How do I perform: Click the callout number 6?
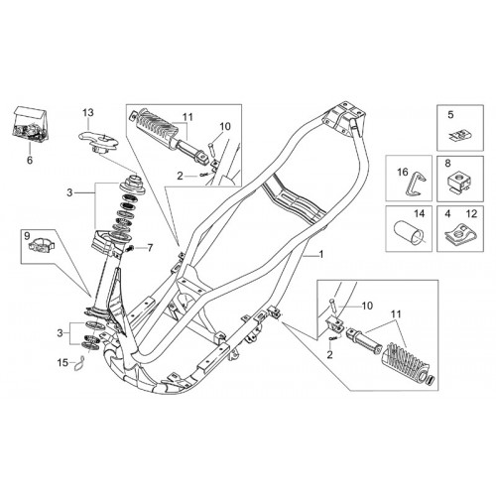tap(30, 160)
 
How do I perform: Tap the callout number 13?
tap(88, 112)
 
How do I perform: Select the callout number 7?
tap(150, 247)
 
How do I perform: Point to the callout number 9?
tap(27, 235)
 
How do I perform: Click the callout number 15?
tap(62, 362)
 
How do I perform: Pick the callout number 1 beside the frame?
tap(320, 254)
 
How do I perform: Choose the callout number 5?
tap(450, 115)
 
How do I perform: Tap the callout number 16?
tap(403, 172)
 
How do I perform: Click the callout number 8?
tap(447, 164)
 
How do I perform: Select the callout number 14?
tap(419, 213)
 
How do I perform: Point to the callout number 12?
tap(472, 214)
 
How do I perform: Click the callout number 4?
tap(447, 214)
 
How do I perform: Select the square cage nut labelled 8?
tap(458, 184)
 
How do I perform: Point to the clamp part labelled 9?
tap(41, 245)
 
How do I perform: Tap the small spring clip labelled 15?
tap(78, 364)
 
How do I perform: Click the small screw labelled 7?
tap(130, 248)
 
